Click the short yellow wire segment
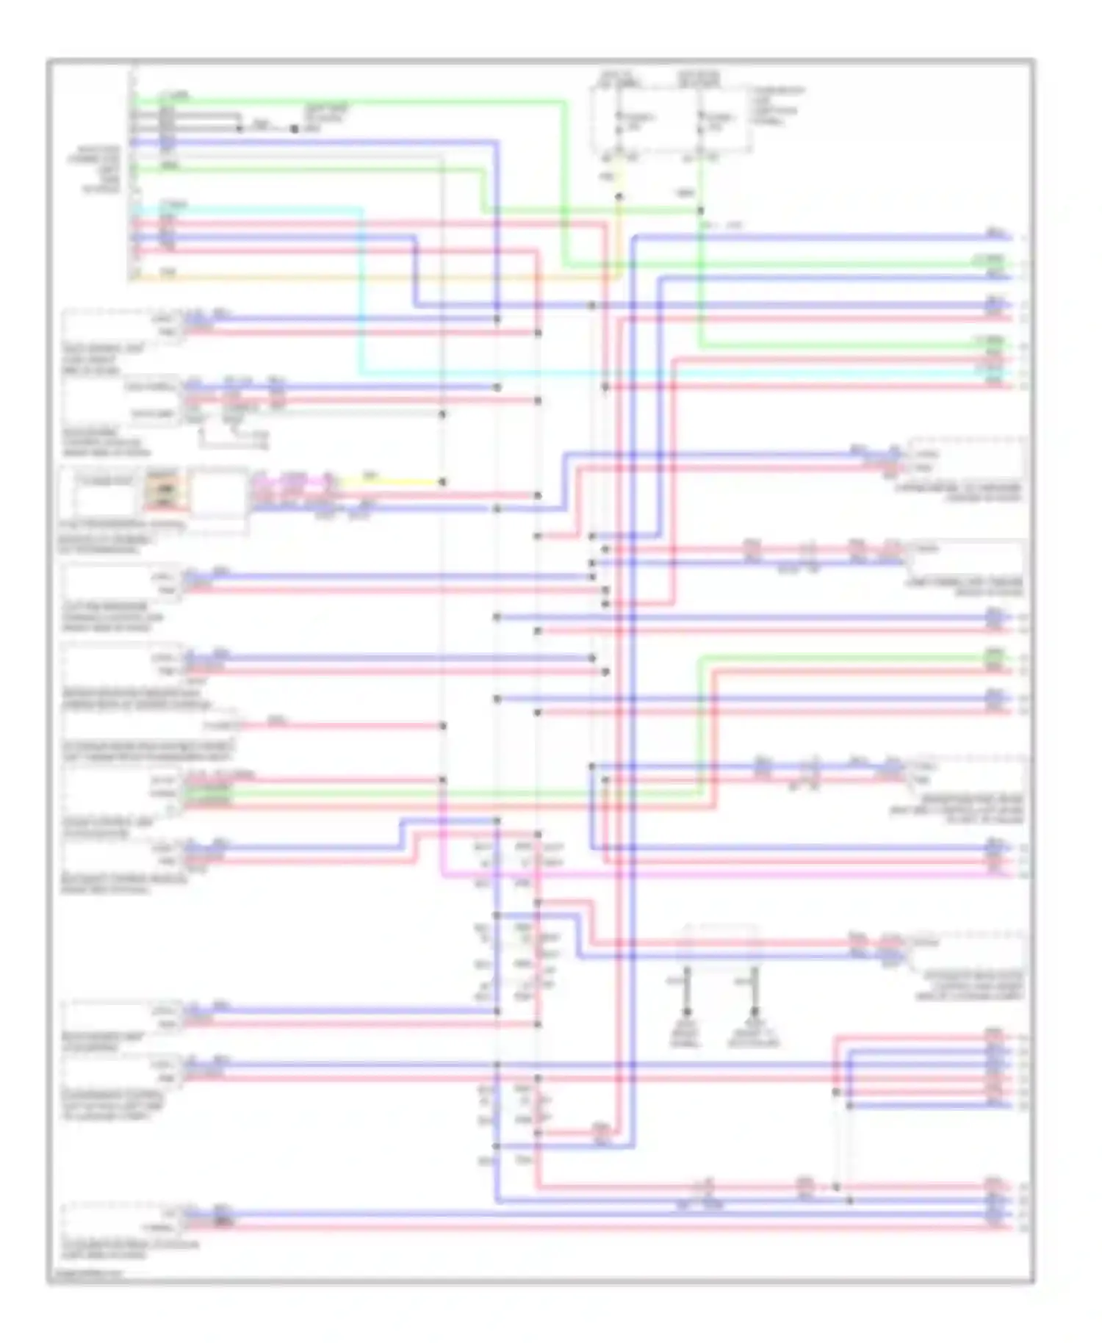pos(397,483)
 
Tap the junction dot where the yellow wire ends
pos(442,483)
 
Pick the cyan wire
pos(361,294)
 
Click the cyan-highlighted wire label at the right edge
pos(994,373)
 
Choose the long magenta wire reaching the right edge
pos(735,875)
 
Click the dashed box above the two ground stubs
pos(720,948)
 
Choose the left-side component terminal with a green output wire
pos(163,793)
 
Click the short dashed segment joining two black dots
pos(267,129)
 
